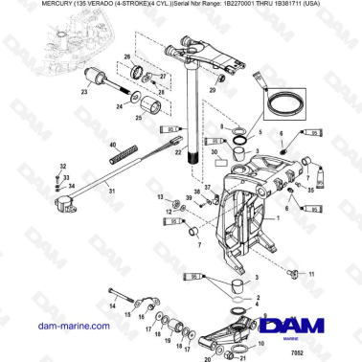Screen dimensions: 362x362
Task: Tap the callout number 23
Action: coord(83,94)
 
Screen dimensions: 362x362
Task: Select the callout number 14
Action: coord(111,305)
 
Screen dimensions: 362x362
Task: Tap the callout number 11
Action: coord(311,275)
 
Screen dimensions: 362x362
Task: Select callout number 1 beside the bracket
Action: coord(279,220)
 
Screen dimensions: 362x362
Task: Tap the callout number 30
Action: coord(215,150)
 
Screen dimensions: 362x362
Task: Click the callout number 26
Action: coord(126,59)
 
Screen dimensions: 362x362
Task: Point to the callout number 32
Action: coord(62,167)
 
